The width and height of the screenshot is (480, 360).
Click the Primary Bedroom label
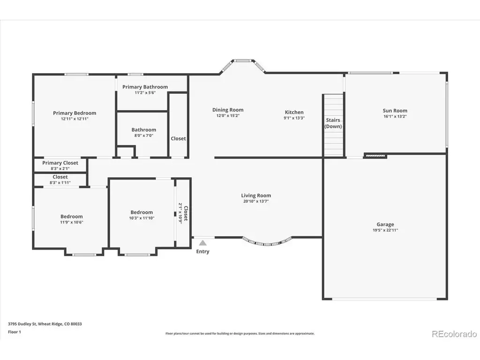(x=75, y=113)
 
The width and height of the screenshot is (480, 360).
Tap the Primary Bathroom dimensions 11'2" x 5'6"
(x=145, y=92)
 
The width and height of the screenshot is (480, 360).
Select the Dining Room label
(x=228, y=110)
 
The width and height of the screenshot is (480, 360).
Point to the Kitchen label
(x=294, y=112)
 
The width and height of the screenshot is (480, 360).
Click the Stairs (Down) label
(x=333, y=123)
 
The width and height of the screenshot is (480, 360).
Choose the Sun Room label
(x=395, y=111)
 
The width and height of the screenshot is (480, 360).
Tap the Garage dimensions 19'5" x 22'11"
(x=385, y=230)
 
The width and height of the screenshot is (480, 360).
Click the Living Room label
(x=256, y=195)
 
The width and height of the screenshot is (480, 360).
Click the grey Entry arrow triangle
(x=202, y=243)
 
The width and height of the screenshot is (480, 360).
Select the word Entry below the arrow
(x=202, y=251)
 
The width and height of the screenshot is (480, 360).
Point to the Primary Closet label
(x=60, y=163)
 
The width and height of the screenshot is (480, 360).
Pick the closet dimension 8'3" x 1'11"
(x=60, y=182)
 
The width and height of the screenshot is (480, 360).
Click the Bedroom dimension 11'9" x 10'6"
(x=71, y=222)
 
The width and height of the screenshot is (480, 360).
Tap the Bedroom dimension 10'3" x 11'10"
(x=142, y=218)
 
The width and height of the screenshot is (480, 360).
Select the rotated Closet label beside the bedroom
(x=186, y=213)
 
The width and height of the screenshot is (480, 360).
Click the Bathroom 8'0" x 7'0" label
(x=143, y=132)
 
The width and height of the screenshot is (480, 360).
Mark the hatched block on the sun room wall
(x=375, y=156)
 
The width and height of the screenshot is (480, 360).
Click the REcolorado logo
(x=454, y=334)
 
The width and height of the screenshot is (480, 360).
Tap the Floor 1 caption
(x=15, y=332)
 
